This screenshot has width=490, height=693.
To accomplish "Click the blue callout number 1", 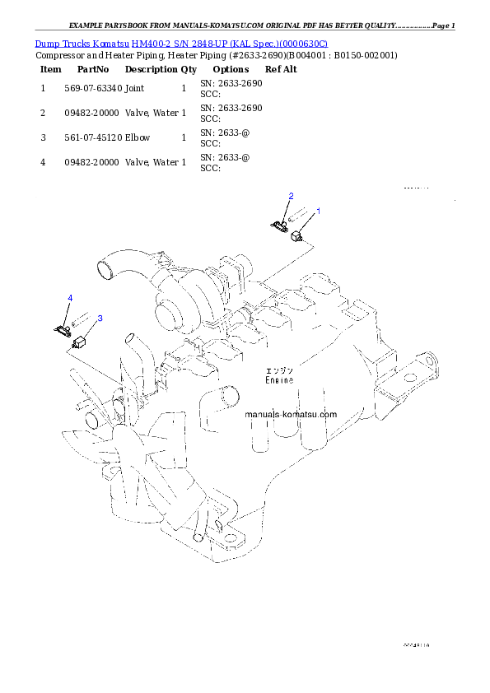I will pos(319,212).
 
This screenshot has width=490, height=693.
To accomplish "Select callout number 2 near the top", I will pos(291,195).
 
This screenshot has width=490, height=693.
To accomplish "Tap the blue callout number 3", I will pos(100,318).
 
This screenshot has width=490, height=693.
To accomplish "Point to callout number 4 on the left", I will pos(70,297).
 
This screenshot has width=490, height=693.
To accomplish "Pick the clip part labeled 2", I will pos(278,222).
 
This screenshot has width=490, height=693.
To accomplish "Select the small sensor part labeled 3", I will pos(81,342).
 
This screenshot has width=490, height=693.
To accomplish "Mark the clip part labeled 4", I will pos(62,329).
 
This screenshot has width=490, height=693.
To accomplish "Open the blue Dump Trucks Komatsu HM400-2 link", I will pos(181,43).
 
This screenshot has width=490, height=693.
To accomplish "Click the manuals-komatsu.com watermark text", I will pos(291,415).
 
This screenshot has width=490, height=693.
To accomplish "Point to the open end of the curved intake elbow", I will pos(105,267).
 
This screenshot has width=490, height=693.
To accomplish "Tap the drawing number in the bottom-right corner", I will pos(417,646).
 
